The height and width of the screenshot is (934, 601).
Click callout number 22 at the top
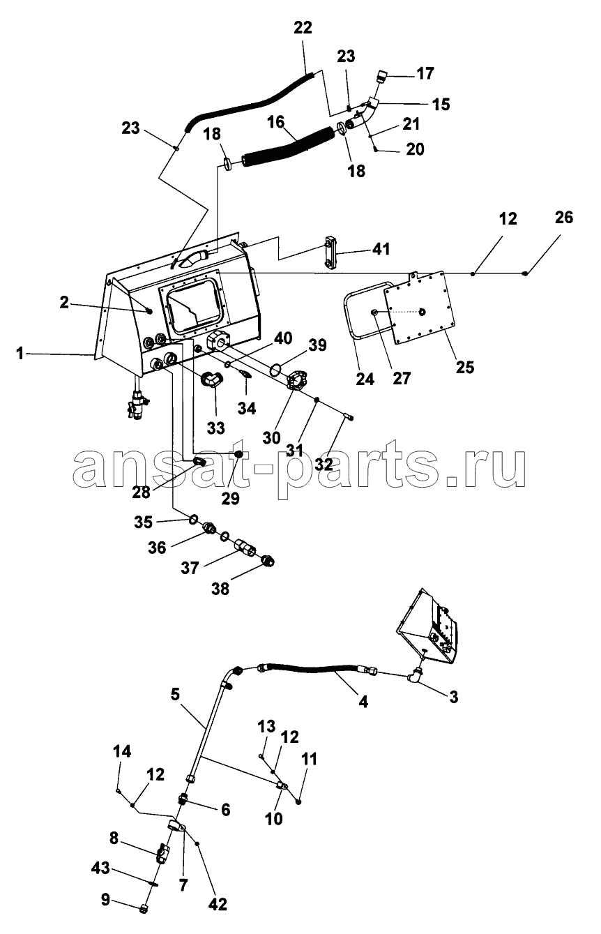(303, 28)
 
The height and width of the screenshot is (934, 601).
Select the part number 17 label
(425, 73)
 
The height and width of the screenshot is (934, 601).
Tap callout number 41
(381, 248)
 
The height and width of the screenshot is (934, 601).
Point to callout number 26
(564, 218)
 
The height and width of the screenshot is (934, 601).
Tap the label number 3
(453, 697)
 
